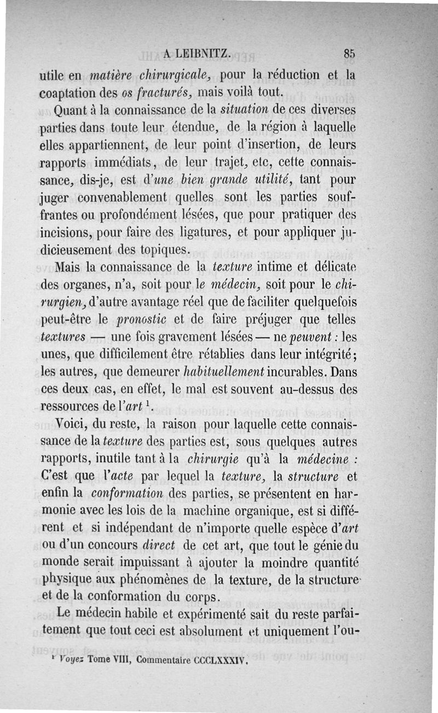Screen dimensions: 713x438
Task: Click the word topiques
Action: pos(165,251)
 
